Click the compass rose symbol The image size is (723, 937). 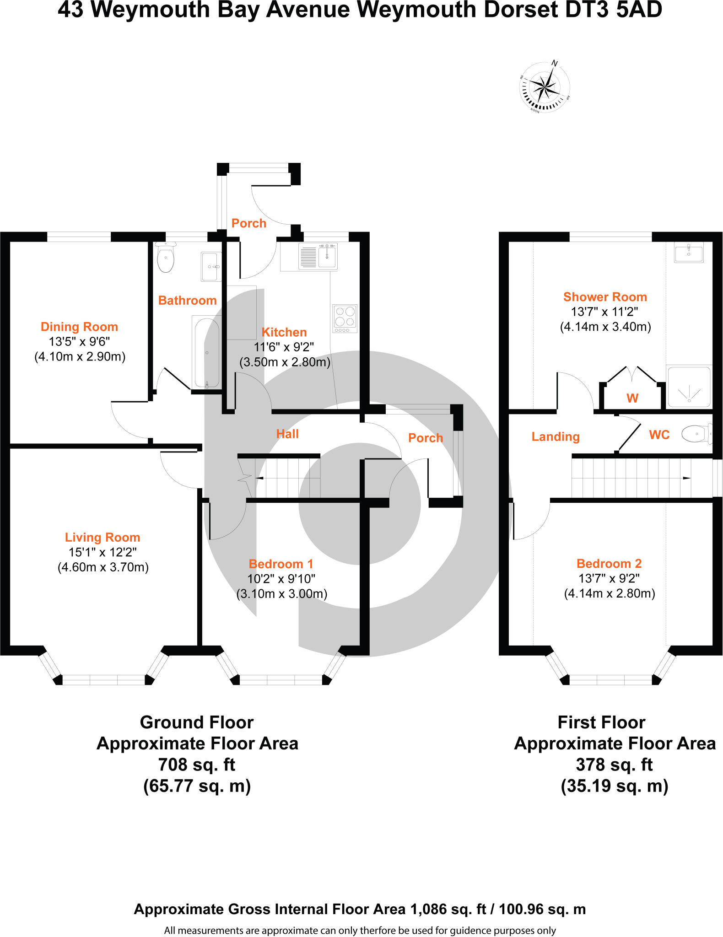(x=545, y=87)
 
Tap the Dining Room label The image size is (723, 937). (x=79, y=327)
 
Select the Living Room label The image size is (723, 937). (x=102, y=537)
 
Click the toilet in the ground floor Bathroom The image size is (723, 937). (x=165, y=258)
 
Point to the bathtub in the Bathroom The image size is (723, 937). (x=207, y=352)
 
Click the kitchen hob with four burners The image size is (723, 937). (x=345, y=318)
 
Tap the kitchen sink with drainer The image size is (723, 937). (x=318, y=256)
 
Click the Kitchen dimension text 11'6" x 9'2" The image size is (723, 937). (x=284, y=347)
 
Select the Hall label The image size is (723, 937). (x=287, y=434)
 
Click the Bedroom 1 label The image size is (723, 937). (x=281, y=564)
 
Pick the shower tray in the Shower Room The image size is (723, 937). (x=689, y=387)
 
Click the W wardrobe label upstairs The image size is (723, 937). (x=632, y=398)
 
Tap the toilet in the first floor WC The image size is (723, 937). (x=696, y=433)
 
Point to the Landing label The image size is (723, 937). (x=555, y=436)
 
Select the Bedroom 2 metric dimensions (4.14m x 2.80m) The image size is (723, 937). (x=609, y=593)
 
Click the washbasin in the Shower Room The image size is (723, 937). (x=689, y=252)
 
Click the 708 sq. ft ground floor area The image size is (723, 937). (x=197, y=765)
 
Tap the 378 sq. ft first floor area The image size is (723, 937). (x=614, y=765)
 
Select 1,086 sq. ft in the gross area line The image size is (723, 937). (x=448, y=909)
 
